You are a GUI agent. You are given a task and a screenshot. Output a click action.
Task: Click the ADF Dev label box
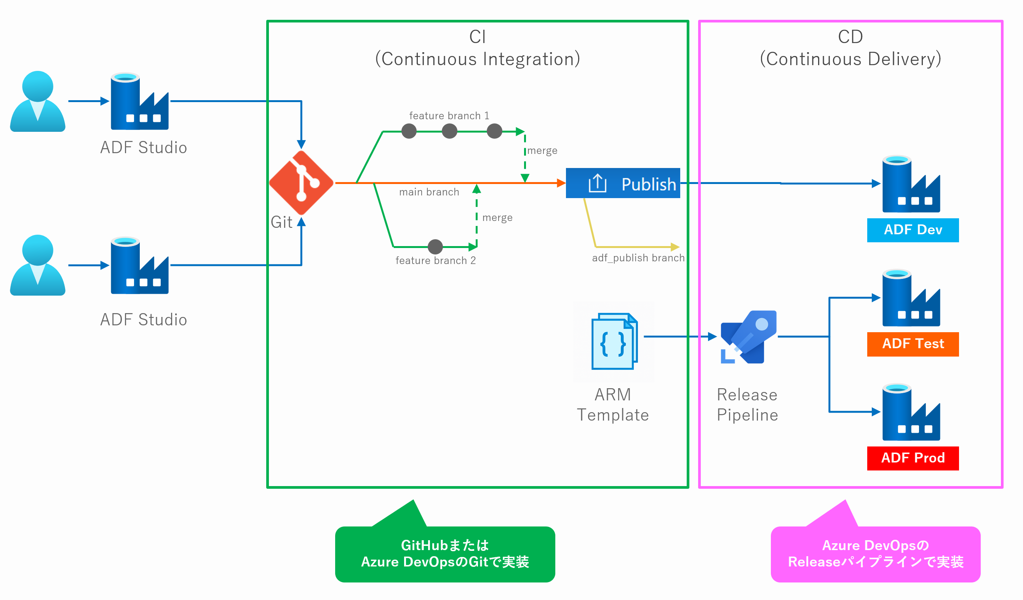point(913,230)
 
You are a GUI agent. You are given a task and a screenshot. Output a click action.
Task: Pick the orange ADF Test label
point(913,344)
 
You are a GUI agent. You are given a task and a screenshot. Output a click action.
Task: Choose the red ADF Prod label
point(913,458)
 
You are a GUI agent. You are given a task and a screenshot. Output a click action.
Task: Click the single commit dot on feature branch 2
point(435,246)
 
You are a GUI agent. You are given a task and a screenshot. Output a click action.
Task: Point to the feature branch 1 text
point(449,116)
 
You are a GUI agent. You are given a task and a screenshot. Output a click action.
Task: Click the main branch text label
point(429,192)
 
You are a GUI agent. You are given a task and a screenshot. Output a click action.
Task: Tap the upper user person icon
point(38,101)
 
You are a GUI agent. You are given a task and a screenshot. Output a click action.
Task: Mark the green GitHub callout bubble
point(445,554)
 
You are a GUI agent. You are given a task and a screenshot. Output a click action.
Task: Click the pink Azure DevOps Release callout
point(875,554)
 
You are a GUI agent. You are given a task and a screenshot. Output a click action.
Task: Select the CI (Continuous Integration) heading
point(477,48)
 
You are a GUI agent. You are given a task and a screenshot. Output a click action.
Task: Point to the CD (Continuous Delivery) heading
point(850,48)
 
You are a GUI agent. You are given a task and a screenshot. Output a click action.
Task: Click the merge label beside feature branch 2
point(497,218)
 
